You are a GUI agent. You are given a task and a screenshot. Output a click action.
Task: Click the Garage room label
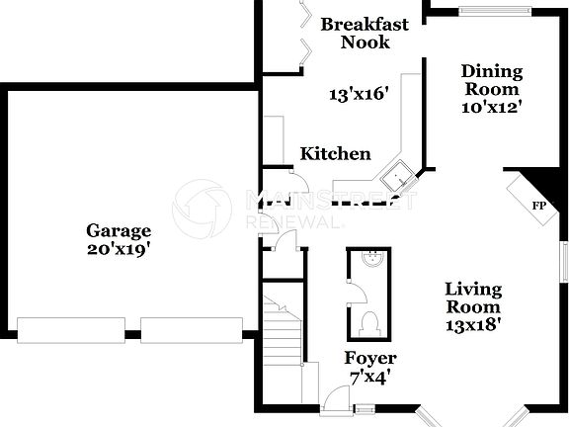(118, 230)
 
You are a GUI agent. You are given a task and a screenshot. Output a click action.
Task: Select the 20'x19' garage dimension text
(118, 249)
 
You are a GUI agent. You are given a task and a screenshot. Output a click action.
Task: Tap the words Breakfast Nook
(366, 33)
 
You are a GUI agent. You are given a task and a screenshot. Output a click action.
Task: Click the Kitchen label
(336, 153)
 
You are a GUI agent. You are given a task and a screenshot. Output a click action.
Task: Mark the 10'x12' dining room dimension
(491, 106)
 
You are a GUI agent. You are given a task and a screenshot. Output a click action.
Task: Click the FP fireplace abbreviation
(538, 206)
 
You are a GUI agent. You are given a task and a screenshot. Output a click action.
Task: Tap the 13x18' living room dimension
(473, 322)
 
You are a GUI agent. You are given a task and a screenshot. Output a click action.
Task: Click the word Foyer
(370, 358)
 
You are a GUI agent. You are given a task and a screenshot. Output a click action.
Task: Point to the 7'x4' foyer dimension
(370, 376)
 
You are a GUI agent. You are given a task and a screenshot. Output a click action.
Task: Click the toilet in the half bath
(369, 323)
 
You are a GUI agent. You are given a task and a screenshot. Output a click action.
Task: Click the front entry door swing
(338, 396)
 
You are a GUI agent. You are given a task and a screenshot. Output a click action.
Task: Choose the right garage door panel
(191, 329)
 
